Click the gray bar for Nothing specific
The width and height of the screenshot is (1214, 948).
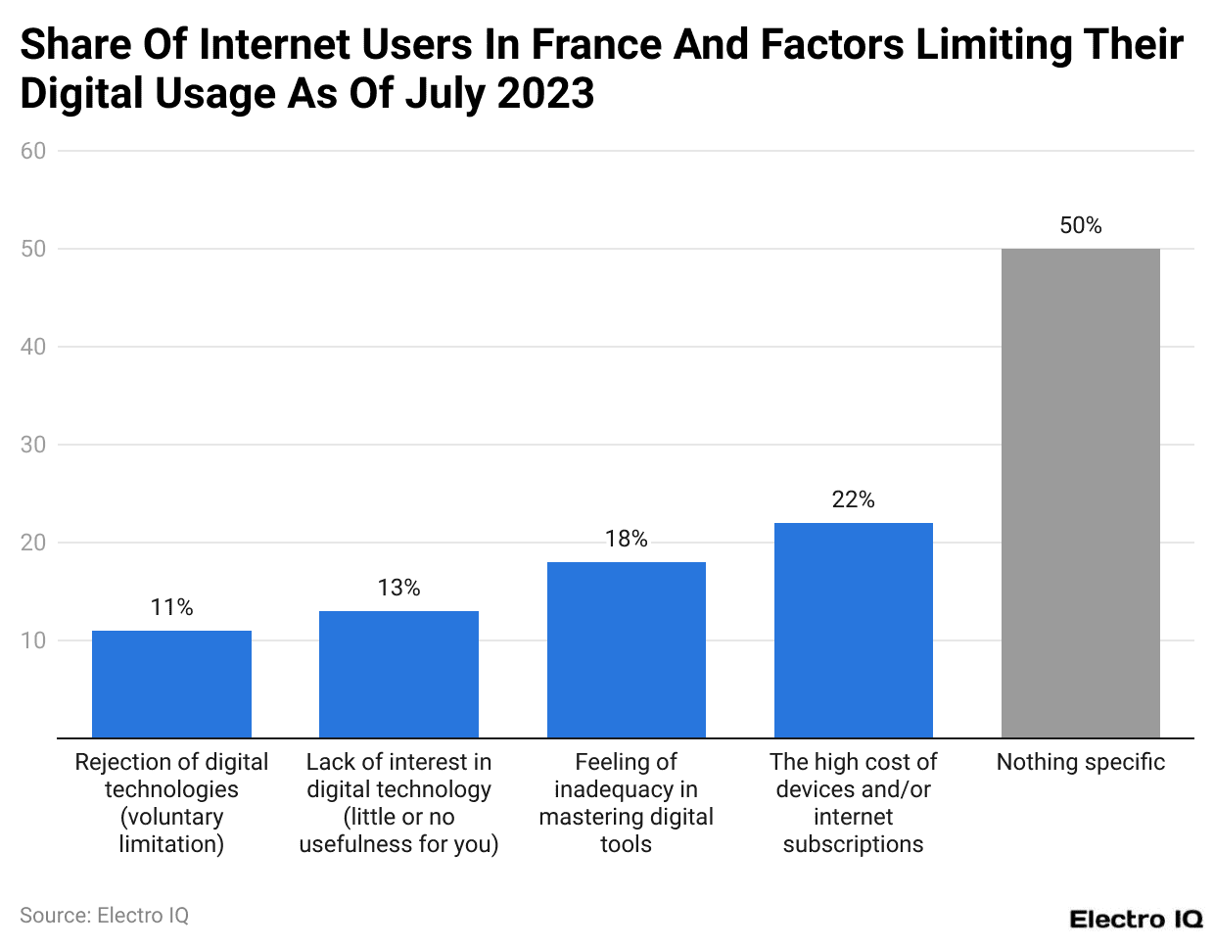coord(1080,493)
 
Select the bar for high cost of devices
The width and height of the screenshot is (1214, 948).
coord(853,630)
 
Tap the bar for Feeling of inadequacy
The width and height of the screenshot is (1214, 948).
coord(626,649)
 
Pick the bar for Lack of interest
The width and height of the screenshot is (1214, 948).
coord(398,674)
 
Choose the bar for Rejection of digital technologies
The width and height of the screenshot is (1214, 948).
coord(171,684)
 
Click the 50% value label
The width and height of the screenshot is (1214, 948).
coord(1080,225)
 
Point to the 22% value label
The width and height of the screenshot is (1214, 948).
coord(853,499)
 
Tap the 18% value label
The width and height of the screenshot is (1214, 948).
coord(626,539)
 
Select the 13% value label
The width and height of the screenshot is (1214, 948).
coord(398,588)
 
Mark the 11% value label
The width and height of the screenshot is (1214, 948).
coord(171,607)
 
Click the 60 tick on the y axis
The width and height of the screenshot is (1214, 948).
coord(33,151)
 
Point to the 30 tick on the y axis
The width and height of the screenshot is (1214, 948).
coord(33,445)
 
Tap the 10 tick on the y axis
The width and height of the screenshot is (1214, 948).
coord(33,640)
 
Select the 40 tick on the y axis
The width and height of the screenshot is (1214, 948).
coord(33,347)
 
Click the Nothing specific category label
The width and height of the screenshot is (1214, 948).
coord(1080,762)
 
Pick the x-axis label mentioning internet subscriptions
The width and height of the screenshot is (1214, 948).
coord(853,803)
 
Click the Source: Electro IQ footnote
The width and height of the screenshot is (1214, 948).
coord(104,915)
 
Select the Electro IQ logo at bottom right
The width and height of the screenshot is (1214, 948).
coord(1135,919)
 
